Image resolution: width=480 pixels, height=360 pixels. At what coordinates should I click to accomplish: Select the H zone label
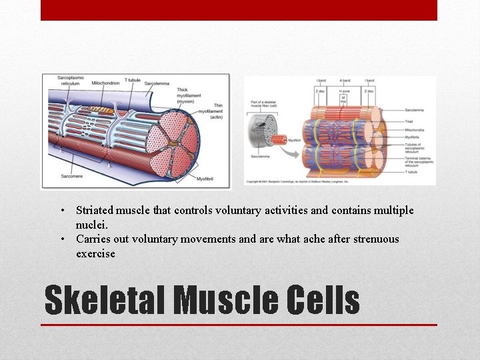[345, 91]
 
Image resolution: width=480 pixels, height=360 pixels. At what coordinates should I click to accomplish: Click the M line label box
[345, 100]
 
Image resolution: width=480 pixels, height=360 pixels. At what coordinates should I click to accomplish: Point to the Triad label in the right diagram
[409, 121]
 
